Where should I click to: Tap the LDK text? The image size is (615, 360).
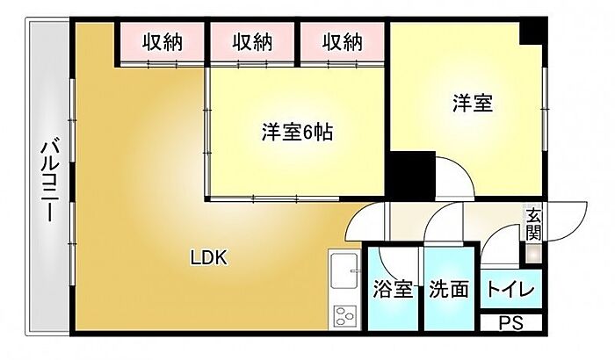tap(210, 258)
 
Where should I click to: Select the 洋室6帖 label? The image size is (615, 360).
tap(297, 133)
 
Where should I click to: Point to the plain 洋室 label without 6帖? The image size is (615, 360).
tap(472, 104)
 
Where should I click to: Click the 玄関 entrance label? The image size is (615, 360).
tap(533, 223)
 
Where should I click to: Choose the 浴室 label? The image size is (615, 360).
tap(393, 291)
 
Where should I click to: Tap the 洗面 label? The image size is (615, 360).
tap(449, 291)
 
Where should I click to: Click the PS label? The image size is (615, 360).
tap(512, 323)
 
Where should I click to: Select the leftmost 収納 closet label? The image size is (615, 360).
tap(163, 41)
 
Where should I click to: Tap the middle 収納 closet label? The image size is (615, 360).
tap(252, 41)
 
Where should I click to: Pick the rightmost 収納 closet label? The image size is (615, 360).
tap(342, 41)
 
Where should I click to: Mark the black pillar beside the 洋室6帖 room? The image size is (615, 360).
tap(412, 173)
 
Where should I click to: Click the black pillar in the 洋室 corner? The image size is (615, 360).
tap(532, 32)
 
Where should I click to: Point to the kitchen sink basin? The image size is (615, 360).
tap(344, 267)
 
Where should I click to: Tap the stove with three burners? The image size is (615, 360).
tap(344, 316)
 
